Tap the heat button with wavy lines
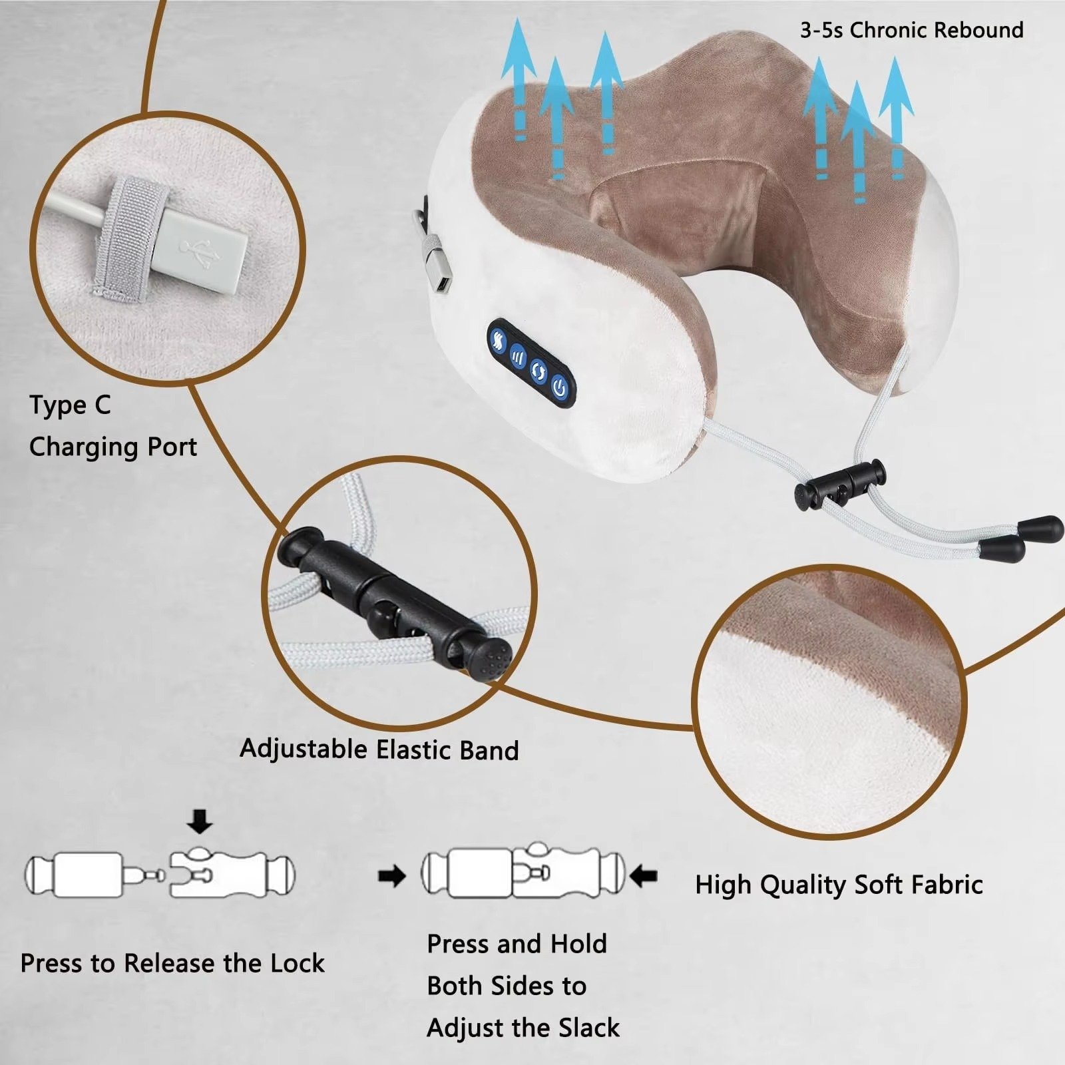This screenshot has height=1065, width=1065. click(x=499, y=340)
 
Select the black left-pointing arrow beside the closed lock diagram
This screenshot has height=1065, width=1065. click(x=643, y=875)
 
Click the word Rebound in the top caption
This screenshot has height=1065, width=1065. click(x=978, y=30)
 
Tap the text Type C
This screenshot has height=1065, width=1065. click(x=70, y=405)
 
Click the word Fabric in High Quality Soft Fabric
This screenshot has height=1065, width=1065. click(x=947, y=885)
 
